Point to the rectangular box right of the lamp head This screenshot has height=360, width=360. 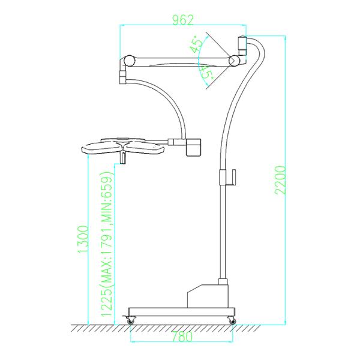pyautogui.click(x=194, y=147)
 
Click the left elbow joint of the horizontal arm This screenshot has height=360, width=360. pyautogui.click(x=127, y=62)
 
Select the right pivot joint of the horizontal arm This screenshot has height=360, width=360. pyautogui.click(x=233, y=61)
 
